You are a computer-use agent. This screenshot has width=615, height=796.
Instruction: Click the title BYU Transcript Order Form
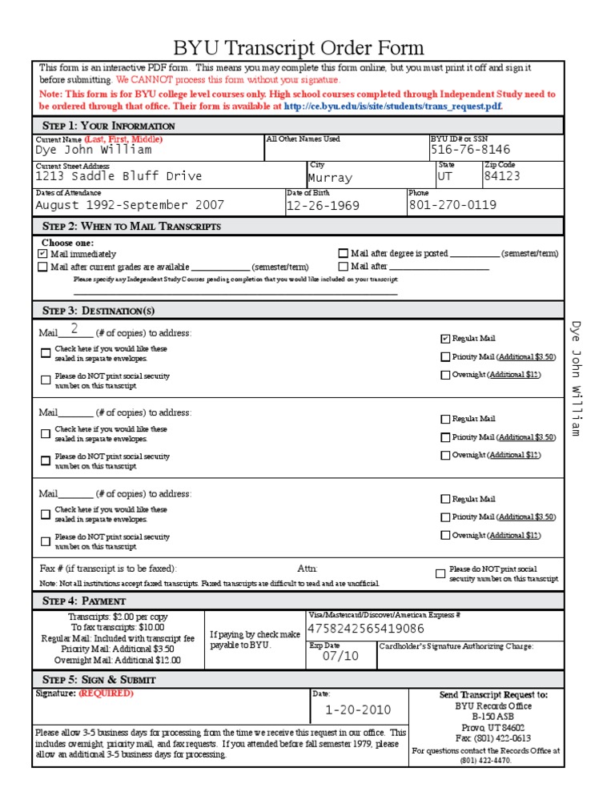point(299,48)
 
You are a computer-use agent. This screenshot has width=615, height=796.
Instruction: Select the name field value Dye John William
point(93,150)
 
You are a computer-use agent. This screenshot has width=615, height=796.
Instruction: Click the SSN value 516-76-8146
point(470,150)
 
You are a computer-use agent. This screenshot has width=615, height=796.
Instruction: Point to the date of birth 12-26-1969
point(323,206)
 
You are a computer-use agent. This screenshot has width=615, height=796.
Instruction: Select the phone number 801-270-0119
point(452,205)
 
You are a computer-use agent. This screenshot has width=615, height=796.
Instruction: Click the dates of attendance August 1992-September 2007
point(130,205)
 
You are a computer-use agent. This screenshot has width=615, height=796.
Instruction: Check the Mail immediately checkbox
point(42,254)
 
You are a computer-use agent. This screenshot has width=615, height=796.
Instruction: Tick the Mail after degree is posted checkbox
point(344,254)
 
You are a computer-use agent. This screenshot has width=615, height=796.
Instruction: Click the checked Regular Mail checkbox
point(445,339)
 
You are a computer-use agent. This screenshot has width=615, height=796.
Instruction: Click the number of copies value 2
point(74,329)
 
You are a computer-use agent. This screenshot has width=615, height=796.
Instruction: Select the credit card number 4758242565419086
point(366,629)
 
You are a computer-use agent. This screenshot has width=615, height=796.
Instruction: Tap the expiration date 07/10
point(340,656)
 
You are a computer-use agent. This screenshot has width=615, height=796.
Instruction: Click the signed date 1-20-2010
point(358,710)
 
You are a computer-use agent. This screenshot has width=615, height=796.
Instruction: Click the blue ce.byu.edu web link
point(392,106)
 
